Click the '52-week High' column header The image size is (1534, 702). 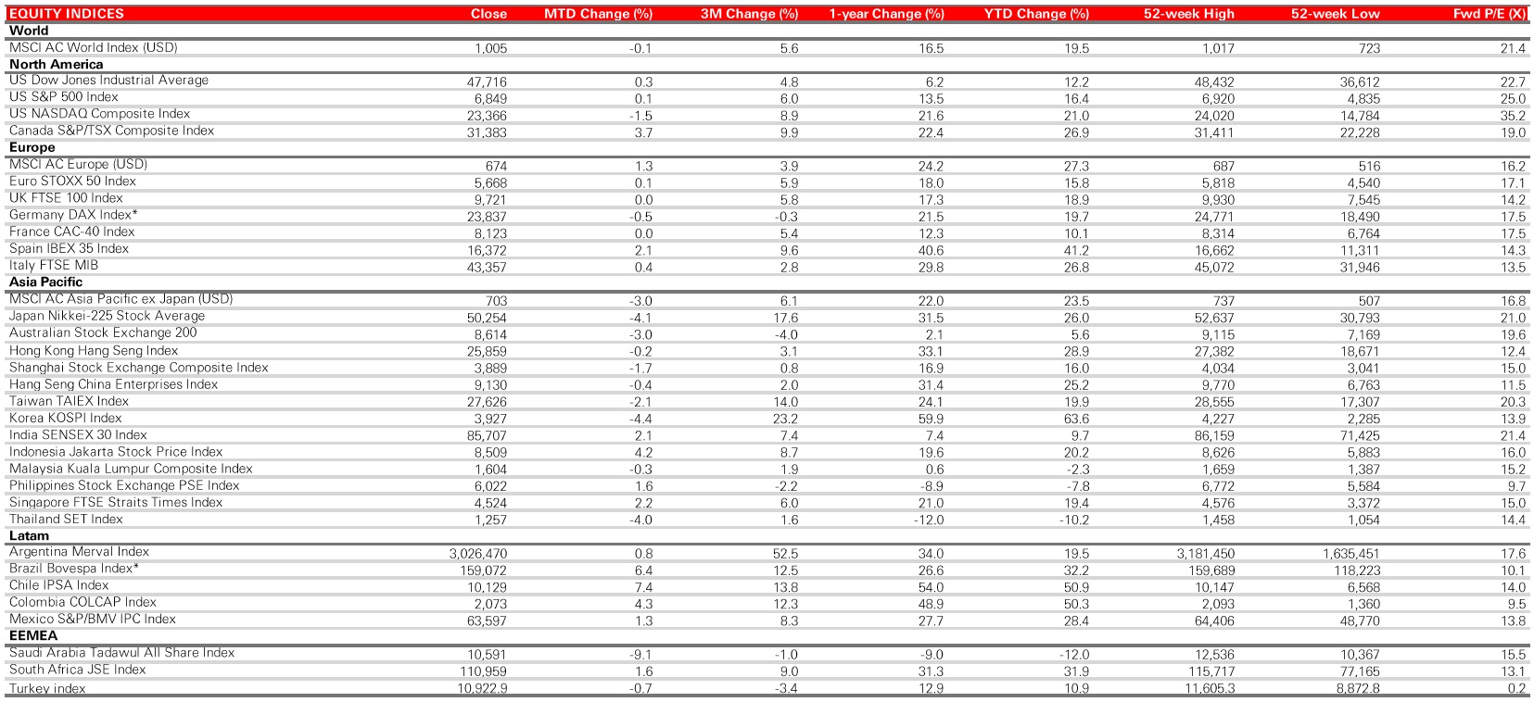click(1188, 14)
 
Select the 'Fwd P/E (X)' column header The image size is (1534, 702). click(1490, 14)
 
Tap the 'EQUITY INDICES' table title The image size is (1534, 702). click(66, 14)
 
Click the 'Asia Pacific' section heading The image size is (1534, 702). click(45, 282)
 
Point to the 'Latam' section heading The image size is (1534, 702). click(29, 535)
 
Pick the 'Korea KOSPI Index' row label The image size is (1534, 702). click(65, 418)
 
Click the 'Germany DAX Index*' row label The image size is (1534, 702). click(73, 215)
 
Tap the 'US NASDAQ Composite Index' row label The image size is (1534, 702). click(99, 114)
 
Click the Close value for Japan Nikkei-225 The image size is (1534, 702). click(487, 318)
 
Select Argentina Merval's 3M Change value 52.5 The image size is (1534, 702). click(785, 554)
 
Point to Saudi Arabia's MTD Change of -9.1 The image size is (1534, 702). click(640, 655)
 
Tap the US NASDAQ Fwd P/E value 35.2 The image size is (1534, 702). click(1513, 116)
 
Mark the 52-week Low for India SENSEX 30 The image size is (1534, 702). click(1360, 435)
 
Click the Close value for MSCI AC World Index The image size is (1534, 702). click(490, 48)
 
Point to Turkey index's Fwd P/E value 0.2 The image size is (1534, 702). click(1516, 688)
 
